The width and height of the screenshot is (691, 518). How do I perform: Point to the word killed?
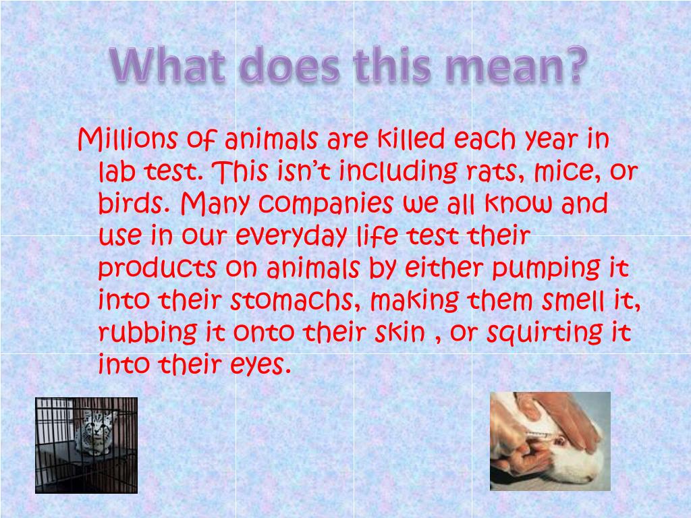click(410, 140)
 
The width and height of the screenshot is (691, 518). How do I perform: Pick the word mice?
click(565, 173)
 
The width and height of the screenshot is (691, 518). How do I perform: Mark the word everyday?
click(292, 236)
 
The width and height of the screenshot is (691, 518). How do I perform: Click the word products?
click(157, 268)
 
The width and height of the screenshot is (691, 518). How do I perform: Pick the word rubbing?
click(146, 333)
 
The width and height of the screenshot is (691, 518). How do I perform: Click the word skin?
click(402, 333)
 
